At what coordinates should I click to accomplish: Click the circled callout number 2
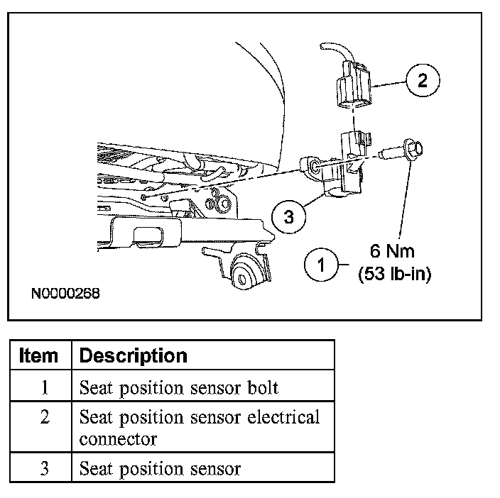pos(423,79)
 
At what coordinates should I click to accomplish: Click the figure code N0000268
pos(65,292)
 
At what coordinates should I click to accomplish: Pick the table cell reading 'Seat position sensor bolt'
pos(178,387)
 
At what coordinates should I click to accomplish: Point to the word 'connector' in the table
pos(118,438)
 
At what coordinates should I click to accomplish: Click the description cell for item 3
pos(160,468)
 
